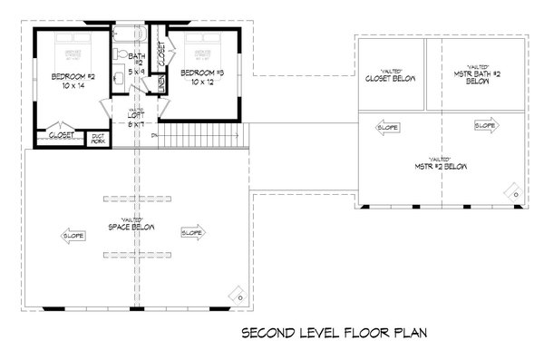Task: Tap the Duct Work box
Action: click(x=97, y=138)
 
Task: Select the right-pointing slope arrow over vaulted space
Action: click(x=192, y=232)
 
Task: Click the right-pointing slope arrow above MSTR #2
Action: click(x=484, y=125)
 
